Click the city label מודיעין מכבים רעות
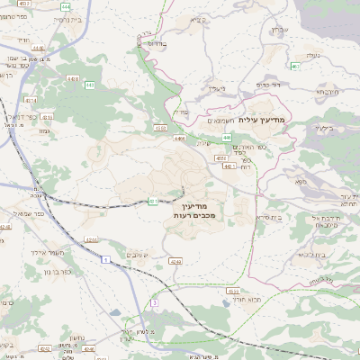pos(188,211)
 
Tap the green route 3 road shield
pos(154,303)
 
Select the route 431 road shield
pos(153,201)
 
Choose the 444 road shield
pos(67,7)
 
